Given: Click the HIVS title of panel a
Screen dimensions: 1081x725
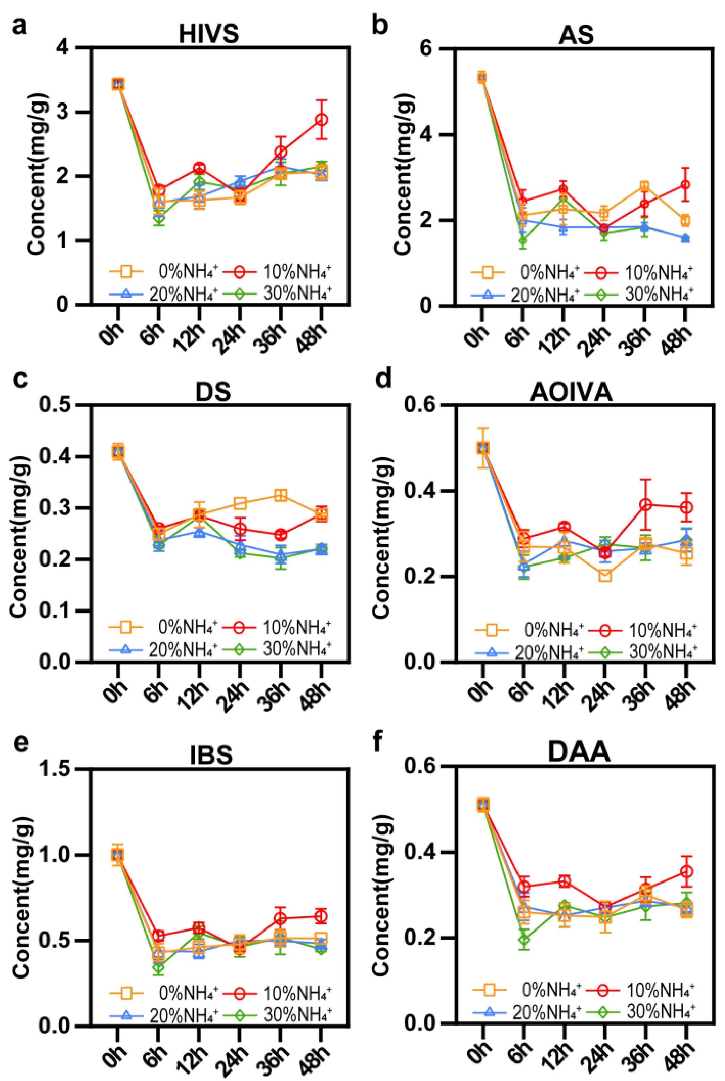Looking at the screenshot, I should click(x=209, y=34).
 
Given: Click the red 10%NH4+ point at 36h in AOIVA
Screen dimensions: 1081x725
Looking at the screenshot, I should click(x=646, y=505).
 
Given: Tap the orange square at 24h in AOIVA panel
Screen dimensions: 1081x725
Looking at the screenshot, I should click(x=605, y=576).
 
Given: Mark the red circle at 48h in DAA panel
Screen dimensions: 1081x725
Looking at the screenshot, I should click(x=687, y=872).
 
